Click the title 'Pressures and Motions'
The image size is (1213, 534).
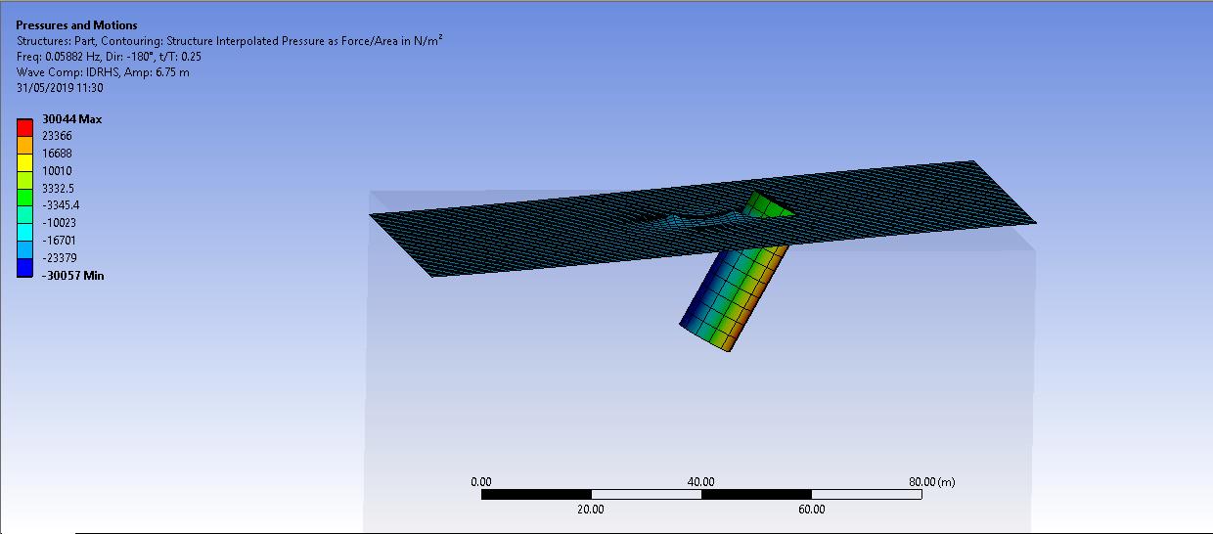click(x=76, y=24)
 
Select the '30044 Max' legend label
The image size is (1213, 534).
click(x=72, y=119)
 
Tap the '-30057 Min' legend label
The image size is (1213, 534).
click(x=73, y=276)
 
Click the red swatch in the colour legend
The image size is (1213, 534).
click(x=24, y=127)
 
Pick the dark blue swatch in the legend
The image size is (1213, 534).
click(x=24, y=268)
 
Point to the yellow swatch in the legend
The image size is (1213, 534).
click(x=24, y=162)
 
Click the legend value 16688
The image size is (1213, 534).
click(x=57, y=154)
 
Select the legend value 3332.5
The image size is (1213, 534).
click(x=58, y=189)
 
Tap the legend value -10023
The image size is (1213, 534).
click(x=59, y=223)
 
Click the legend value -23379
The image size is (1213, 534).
click(x=59, y=258)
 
